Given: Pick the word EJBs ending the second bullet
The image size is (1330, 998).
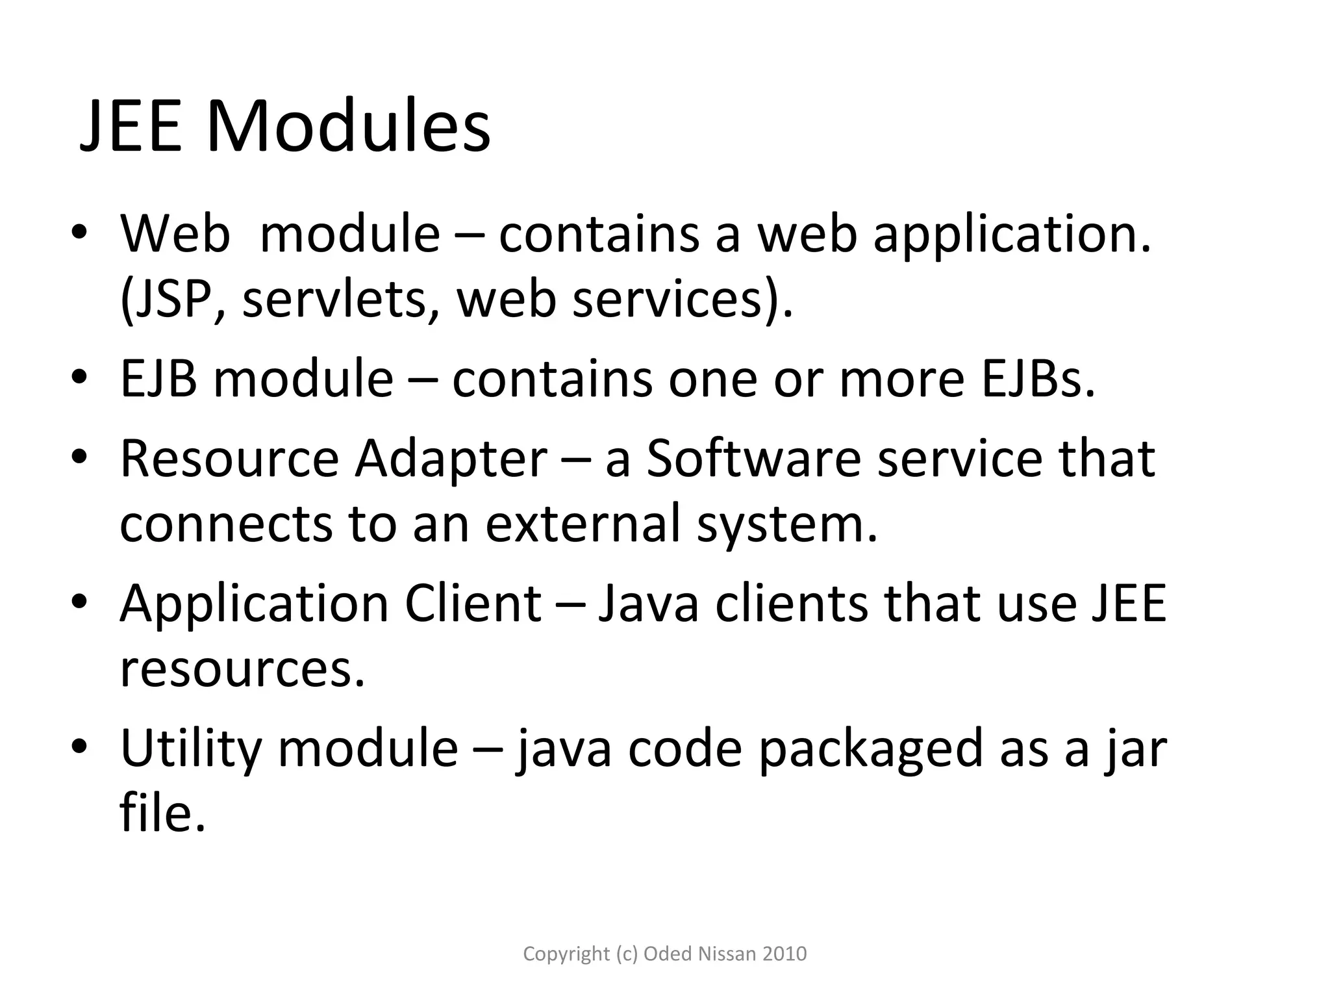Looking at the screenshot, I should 1038,379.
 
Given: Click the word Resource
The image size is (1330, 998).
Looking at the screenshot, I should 229,459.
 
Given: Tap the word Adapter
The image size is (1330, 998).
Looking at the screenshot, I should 451,459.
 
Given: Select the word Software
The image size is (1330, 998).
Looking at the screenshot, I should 753,459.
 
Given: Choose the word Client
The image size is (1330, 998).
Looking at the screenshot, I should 473,604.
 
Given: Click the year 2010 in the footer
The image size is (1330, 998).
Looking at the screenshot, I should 784,954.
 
